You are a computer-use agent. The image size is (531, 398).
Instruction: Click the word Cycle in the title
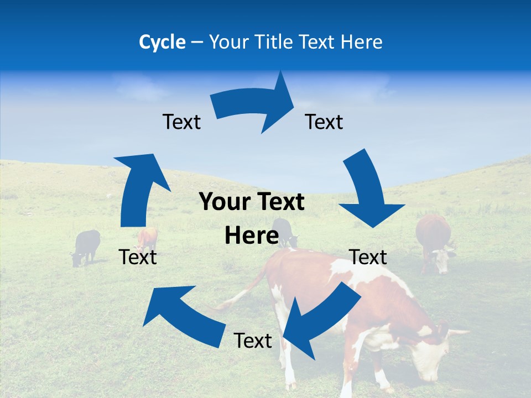coord(162,42)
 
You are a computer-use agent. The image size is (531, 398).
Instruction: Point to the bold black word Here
coord(251,236)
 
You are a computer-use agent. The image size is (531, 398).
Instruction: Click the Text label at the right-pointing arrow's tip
coord(324,122)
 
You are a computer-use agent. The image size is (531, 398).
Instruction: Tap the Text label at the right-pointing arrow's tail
coord(181,122)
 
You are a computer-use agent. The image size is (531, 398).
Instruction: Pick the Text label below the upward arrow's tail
coord(138,257)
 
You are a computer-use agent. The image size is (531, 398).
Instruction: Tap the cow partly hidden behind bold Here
coord(284,231)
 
